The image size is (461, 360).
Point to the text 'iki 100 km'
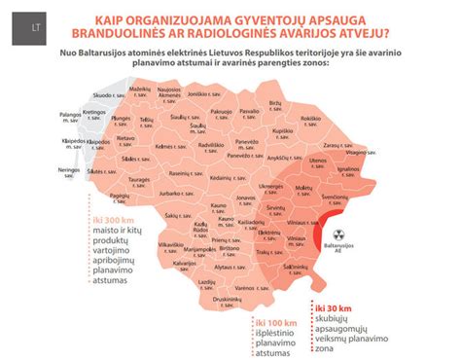(275, 320)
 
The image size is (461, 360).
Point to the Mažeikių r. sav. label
(141, 90)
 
